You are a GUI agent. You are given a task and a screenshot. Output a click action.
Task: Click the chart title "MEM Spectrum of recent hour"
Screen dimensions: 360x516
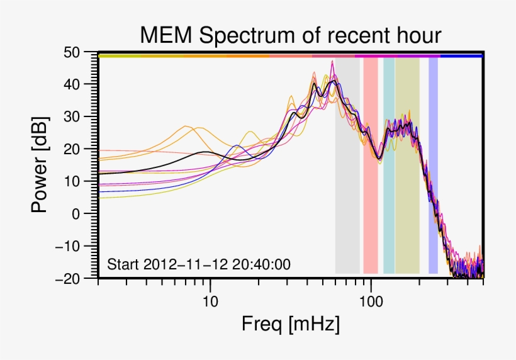(290, 35)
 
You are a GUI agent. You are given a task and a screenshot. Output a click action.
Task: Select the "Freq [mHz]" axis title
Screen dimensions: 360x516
(290, 325)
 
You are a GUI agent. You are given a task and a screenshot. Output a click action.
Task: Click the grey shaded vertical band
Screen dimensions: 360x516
(347, 189)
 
